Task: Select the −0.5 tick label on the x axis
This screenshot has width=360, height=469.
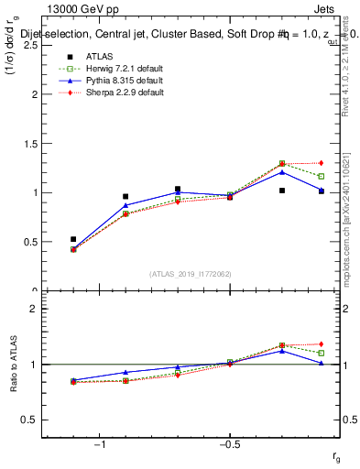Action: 229,444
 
